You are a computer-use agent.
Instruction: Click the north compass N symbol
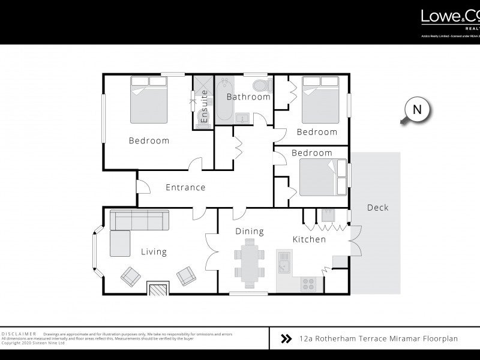[418, 110]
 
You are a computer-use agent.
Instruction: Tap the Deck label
[377, 208]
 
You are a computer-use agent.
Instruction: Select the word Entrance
[185, 187]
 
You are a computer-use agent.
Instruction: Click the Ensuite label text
[205, 107]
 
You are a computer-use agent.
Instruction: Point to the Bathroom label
[248, 97]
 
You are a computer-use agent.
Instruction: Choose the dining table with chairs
[248, 261]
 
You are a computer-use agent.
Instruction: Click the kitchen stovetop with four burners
[310, 282]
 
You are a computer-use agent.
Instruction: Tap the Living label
[154, 252]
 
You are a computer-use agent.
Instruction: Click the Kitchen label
[309, 239]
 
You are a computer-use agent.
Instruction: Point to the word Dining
[250, 231]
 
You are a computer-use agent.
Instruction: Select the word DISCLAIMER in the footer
[19, 334]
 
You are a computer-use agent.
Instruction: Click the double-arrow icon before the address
[286, 339]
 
